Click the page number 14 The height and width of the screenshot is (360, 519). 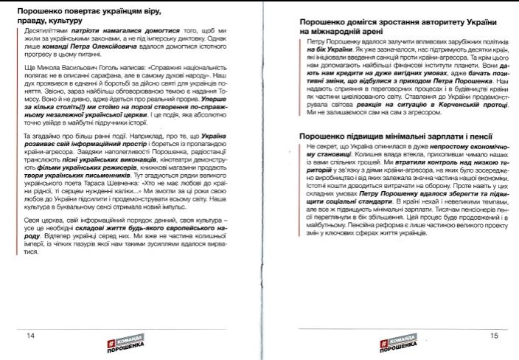[30, 336]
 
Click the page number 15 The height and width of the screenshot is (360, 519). [495, 336]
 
